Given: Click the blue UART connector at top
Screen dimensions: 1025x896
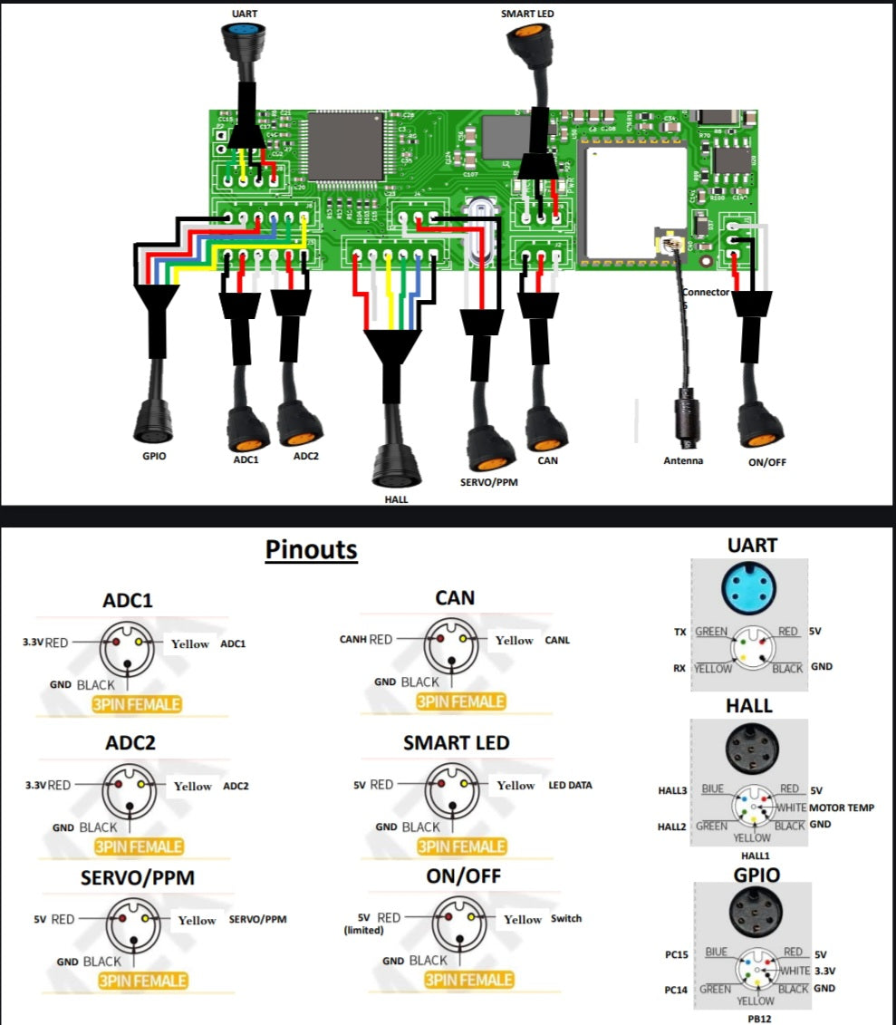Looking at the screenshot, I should click(x=240, y=35).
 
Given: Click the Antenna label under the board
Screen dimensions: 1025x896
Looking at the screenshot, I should click(x=683, y=460).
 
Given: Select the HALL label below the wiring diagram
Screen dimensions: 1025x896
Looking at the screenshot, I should click(x=396, y=498).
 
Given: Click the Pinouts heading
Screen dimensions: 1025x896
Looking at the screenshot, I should click(x=311, y=549).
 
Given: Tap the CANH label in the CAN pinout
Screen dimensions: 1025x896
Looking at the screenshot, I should click(x=352, y=640).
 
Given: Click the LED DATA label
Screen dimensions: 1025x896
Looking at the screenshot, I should click(x=570, y=785).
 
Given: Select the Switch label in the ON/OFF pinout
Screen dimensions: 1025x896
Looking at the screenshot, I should click(x=566, y=919).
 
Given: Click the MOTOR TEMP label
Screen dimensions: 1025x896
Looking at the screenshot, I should click(x=842, y=807).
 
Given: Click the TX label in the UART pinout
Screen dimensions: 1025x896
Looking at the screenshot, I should click(x=679, y=632).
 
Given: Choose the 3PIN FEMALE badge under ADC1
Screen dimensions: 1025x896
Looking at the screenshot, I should click(x=136, y=704).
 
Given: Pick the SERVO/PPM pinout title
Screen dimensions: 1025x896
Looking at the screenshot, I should click(x=138, y=878).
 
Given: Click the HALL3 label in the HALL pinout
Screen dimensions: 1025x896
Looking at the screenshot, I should click(x=672, y=790).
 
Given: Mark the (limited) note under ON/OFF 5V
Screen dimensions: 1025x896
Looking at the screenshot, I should click(x=362, y=931).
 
